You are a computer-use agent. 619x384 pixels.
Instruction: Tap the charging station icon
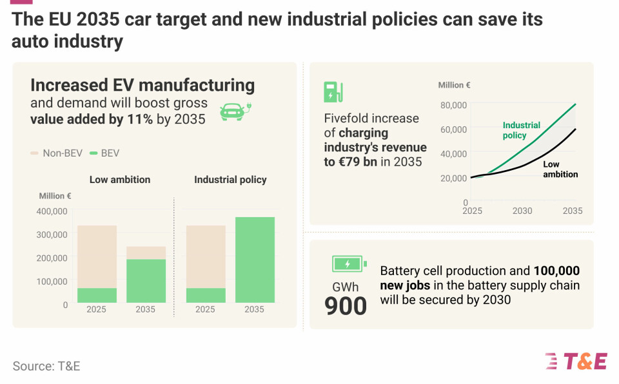tap(333, 92)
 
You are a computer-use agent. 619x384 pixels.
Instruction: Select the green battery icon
tap(349, 264)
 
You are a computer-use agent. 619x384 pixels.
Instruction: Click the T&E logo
tap(575, 361)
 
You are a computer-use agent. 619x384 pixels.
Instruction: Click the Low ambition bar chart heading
tap(119, 180)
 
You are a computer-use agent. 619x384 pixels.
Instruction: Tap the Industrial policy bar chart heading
tap(230, 180)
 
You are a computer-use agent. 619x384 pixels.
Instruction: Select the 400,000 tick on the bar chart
tap(52, 211)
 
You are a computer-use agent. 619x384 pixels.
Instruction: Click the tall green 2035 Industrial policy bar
tap(255, 260)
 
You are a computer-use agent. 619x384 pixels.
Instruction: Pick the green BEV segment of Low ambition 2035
tap(146, 281)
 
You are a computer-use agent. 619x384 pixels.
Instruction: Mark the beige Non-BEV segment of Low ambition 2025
tap(97, 256)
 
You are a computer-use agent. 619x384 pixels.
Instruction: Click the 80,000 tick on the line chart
tap(454, 105)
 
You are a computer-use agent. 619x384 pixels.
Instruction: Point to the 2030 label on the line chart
tap(522, 211)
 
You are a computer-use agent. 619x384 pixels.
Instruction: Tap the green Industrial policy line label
tap(521, 131)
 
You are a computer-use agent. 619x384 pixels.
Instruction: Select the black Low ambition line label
tap(560, 169)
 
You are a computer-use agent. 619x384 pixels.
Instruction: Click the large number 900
tap(346, 306)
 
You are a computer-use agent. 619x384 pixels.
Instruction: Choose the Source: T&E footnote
tap(46, 366)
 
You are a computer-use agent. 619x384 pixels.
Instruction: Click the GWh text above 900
tap(345, 287)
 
